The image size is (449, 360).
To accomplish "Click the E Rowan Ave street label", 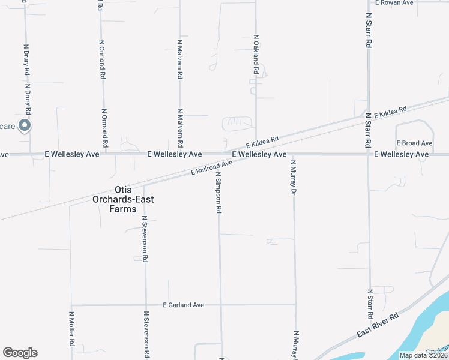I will [394, 3].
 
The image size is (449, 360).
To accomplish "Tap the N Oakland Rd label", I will [256, 55].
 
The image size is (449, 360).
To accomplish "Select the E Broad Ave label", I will [414, 143].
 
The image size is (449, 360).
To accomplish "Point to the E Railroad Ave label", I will [211, 167].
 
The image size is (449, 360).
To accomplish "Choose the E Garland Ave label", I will [184, 305].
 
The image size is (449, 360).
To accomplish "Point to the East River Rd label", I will [378, 325].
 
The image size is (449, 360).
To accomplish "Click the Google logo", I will [20, 353].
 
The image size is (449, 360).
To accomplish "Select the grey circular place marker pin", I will [25, 125].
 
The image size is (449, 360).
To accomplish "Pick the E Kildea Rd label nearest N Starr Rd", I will [390, 112].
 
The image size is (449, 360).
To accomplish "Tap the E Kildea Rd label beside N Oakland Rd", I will [262, 142].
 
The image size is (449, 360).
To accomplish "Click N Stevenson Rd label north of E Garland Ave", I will [145, 239].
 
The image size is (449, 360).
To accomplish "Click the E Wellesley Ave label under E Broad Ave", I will [401, 154].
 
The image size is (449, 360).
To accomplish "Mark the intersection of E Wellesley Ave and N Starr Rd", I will [369, 154].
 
